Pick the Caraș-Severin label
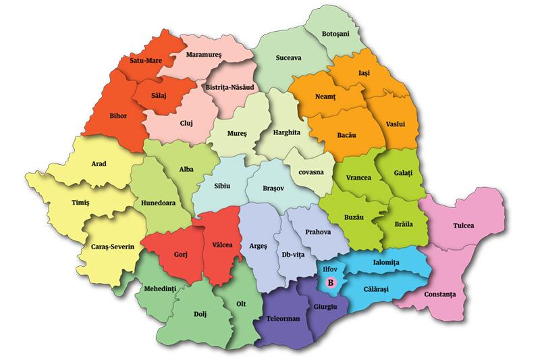coord(113,247)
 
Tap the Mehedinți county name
coord(161,288)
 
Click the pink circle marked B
coord(331,283)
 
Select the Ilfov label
coord(331,268)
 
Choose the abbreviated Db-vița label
coord(294,255)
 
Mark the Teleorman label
coord(283,317)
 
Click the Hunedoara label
coord(159,201)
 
